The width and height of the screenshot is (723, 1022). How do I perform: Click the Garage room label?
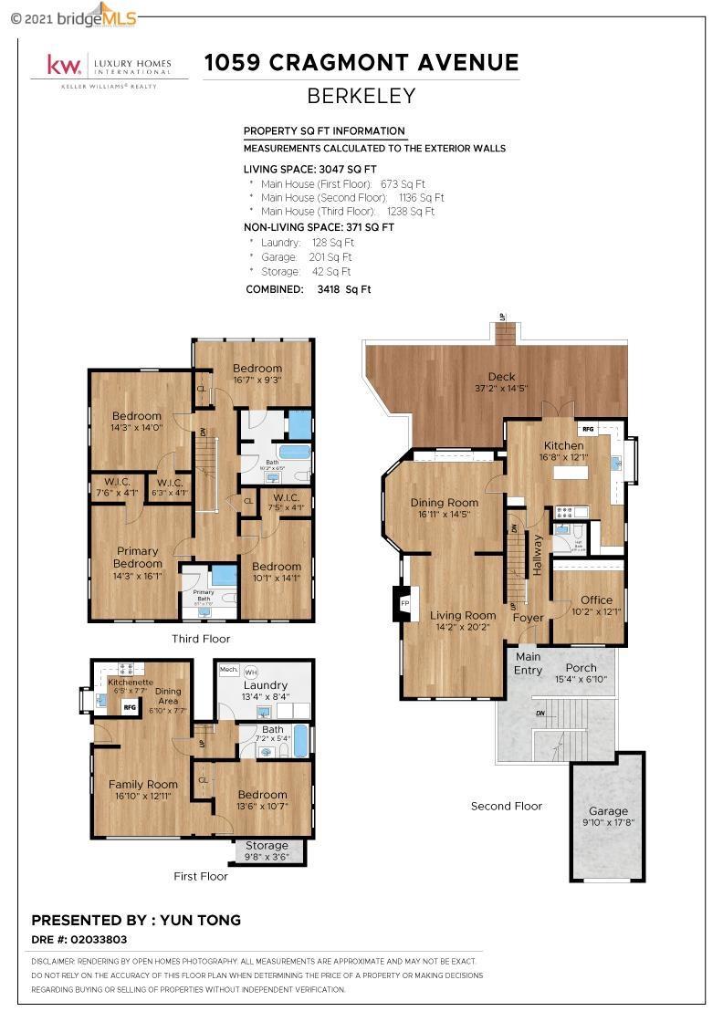click(x=608, y=810)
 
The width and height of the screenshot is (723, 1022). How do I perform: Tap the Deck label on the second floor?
click(x=501, y=376)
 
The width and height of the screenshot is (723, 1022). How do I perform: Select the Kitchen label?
click(x=562, y=445)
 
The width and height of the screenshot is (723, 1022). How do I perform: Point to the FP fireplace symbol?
click(x=404, y=603)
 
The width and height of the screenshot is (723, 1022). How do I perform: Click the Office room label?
click(x=597, y=600)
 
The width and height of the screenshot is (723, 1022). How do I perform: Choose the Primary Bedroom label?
click(x=138, y=557)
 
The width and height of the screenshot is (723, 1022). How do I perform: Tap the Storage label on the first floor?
click(x=266, y=845)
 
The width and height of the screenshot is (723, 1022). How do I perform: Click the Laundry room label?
click(x=266, y=685)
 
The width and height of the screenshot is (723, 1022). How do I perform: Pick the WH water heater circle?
click(x=251, y=672)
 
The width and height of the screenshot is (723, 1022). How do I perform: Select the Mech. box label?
click(x=228, y=670)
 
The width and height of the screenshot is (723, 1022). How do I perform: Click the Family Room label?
click(x=143, y=784)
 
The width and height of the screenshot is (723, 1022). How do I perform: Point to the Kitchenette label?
click(x=131, y=682)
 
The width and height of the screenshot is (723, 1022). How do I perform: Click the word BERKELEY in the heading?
click(x=361, y=96)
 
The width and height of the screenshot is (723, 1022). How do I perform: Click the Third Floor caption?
click(x=201, y=639)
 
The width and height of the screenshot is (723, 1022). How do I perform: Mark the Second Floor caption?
click(x=506, y=806)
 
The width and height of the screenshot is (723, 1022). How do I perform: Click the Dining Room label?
click(x=444, y=503)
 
